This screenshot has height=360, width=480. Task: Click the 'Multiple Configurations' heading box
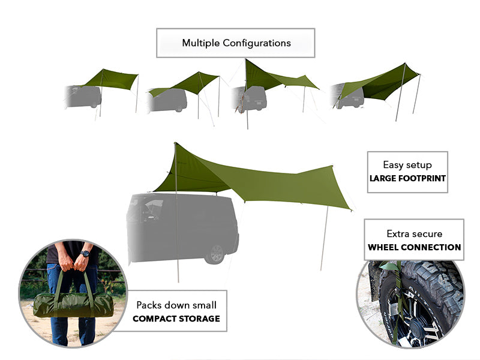pos(236,43)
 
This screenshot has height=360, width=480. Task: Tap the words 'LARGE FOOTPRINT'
pos(407,178)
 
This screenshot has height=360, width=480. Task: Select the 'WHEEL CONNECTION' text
pos(414,247)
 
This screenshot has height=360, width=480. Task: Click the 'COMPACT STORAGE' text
pos(176,318)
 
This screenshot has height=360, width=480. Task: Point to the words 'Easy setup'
pos(407,164)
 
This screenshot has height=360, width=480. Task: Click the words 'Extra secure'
pos(414,233)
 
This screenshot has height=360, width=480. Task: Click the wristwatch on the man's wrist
pos(85,254)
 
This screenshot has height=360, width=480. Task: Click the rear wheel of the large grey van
pos(214,253)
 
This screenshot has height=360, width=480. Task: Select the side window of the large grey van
pos(146,211)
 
